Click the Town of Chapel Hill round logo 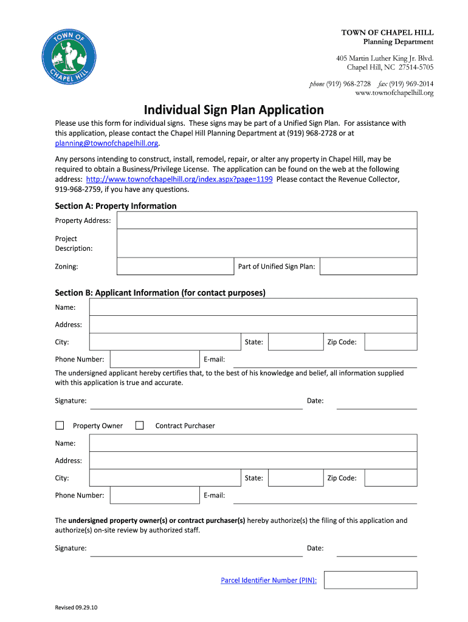pos(67,60)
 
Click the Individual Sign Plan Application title pos(234,110)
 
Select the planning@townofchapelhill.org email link pos(106,143)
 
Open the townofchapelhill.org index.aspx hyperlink pos(179,179)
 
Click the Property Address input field pos(266,220)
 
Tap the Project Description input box pos(266,243)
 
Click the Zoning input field pos(175,266)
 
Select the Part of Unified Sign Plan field pos(368,266)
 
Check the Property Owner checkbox pos(60,426)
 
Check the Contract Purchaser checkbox pos(139,426)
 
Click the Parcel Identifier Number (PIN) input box pos(370,580)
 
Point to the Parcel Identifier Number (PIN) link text pos(269,580)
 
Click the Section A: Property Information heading pos(115,206)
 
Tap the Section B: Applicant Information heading pos(160,293)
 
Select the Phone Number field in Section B pos(154,359)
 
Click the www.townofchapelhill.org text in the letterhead pos(394,93)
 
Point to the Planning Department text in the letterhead pos(398,41)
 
